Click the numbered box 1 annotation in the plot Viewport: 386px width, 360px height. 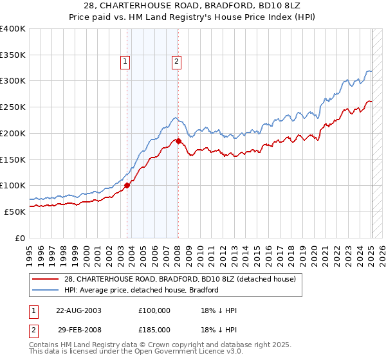[124, 62]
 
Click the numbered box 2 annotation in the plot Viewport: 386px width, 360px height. [176, 62]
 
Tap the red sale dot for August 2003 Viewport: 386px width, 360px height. [127, 185]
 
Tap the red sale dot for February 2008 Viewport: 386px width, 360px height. [178, 140]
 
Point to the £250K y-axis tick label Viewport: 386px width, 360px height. [13, 107]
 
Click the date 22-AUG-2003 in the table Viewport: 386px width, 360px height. [78, 310]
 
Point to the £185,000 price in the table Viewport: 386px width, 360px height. [154, 328]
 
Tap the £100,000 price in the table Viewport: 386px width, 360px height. [154, 310]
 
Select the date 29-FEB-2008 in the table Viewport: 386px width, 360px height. [78, 328]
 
